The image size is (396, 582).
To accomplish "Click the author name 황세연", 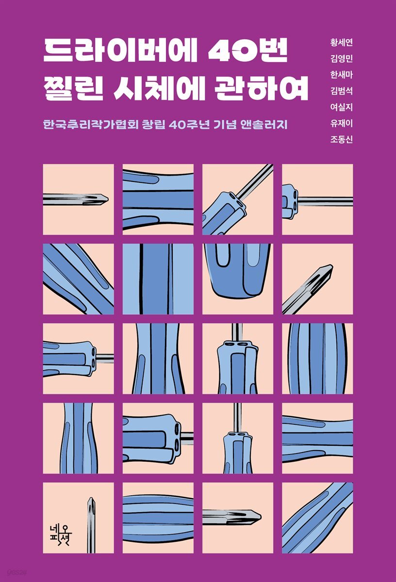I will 341,42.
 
